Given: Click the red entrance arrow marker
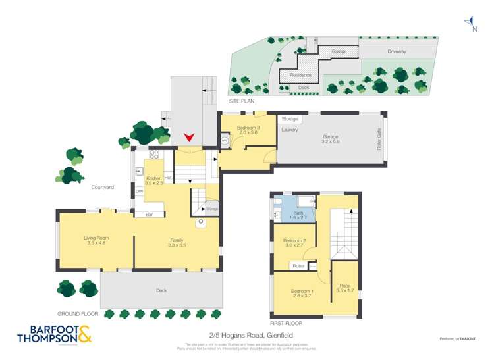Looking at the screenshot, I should tap(190, 138).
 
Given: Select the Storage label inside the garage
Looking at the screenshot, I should tap(290, 119).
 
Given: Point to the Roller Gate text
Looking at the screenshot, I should tap(379, 140).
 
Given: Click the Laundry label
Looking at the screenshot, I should tap(290, 130).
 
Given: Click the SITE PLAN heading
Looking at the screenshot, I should tap(242, 101).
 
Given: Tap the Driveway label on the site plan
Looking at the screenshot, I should tap(397, 51).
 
